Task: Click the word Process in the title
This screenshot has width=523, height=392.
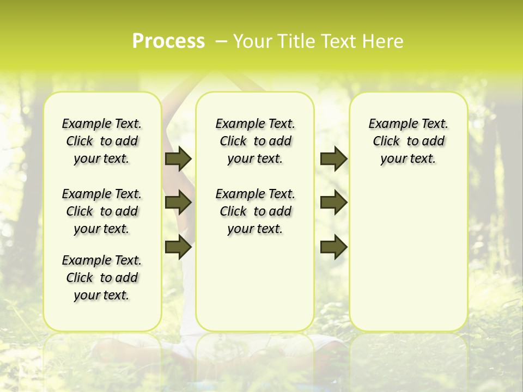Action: tap(168, 41)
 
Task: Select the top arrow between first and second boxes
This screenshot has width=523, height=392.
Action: tap(178, 158)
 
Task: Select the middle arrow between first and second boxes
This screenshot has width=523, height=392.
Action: tap(178, 203)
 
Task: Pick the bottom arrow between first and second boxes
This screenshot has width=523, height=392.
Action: tap(178, 247)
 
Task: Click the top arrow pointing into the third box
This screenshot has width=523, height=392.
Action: tap(333, 158)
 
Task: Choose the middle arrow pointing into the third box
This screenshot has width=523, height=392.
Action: tap(333, 203)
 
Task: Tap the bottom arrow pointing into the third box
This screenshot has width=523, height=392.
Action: tap(333, 247)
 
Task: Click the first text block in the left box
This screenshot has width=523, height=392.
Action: tap(102, 141)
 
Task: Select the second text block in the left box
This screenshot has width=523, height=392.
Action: tap(102, 211)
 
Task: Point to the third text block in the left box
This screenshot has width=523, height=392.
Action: tap(102, 278)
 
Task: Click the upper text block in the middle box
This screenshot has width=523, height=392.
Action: tap(255, 141)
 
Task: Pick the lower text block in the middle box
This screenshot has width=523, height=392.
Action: tap(255, 211)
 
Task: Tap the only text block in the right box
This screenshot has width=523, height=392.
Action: tap(408, 141)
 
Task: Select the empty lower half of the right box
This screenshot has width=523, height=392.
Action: tap(408, 261)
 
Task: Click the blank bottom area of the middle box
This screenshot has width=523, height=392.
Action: tap(255, 289)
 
